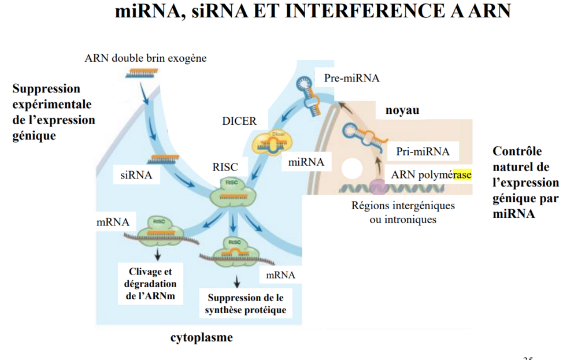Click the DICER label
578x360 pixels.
pyautogui.click(x=239, y=121)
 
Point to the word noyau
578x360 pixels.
pyautogui.click(x=402, y=110)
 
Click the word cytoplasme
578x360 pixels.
pyautogui.click(x=201, y=337)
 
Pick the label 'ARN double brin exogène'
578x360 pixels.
pyautogui.click(x=146, y=58)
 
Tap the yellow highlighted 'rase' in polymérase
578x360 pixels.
pyautogui.click(x=462, y=174)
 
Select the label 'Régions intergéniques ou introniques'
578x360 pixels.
pyautogui.click(x=403, y=213)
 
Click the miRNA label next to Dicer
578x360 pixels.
pyautogui.click(x=306, y=162)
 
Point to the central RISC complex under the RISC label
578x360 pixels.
pyautogui.click(x=231, y=191)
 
